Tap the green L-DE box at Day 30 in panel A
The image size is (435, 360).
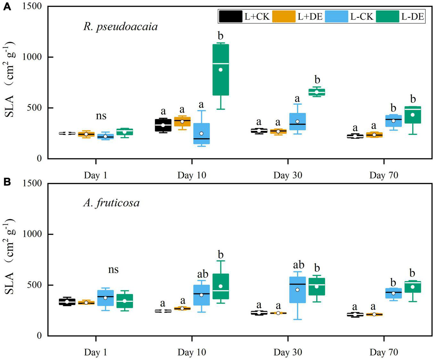click(x=316, y=92)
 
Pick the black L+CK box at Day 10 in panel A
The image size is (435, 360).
click(x=163, y=125)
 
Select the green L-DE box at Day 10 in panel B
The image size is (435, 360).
click(x=221, y=286)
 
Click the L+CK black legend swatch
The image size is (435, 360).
click(x=230, y=16)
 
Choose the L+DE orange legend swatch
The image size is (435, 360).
click(x=283, y=16)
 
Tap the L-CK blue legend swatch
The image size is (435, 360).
click(x=336, y=16)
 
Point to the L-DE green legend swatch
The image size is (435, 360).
click(x=387, y=16)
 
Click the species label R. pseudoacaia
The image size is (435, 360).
click(x=120, y=26)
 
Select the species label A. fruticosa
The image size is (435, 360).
click(x=111, y=203)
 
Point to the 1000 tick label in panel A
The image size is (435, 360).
click(x=32, y=57)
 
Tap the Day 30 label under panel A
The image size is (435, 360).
click(x=288, y=175)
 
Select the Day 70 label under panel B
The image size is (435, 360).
click(x=383, y=352)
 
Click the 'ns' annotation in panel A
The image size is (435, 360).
click(x=101, y=116)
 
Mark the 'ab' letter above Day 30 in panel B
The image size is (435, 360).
click(x=299, y=265)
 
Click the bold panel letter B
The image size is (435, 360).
click(x=7, y=182)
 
